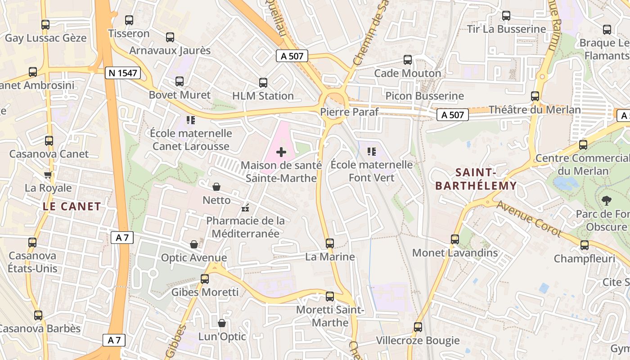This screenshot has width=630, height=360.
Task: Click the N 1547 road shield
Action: click(122, 73)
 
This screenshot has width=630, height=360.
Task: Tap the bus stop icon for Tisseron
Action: click(129, 20)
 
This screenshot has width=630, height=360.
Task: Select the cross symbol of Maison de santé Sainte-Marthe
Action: click(281, 152)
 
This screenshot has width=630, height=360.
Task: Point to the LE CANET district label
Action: click(72, 207)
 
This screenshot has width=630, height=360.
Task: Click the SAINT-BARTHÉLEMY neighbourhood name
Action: click(476, 179)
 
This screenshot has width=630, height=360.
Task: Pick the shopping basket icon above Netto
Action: click(216, 187)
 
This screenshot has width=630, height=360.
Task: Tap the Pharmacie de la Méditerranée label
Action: click(246, 227)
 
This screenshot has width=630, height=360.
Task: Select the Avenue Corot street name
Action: click(529, 219)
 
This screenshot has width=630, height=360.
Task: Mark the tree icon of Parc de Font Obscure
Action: click(606, 201)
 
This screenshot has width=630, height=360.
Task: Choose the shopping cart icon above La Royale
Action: click(48, 175)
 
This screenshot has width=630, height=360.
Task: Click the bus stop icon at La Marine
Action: click(330, 243)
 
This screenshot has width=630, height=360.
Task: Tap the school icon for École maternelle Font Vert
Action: click(371, 151)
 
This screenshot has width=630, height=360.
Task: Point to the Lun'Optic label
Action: click(222, 337)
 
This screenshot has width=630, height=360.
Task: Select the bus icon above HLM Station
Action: click(263, 83)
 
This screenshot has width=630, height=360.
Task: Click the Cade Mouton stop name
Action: click(408, 73)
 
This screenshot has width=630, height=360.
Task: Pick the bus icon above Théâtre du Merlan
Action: click(535, 96)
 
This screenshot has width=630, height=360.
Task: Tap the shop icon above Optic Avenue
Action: click(193, 244)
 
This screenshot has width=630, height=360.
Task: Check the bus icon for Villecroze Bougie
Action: click(418, 327)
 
